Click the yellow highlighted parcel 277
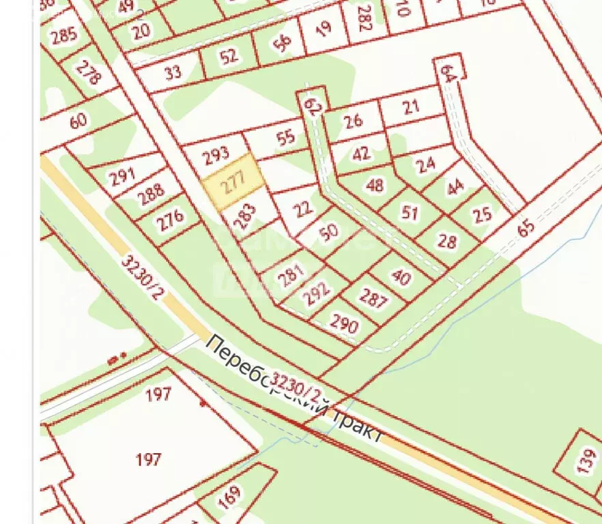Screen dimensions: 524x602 coord(234,184)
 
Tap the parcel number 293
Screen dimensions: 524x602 coord(216,155)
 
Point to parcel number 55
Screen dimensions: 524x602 coord(286,136)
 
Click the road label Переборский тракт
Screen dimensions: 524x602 coord(293,389)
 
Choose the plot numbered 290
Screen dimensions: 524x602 coord(344,324)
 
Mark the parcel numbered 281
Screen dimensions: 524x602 coord(291,276)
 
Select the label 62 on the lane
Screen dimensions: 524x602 coord(313,106)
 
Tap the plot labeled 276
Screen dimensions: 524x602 coord(169,220)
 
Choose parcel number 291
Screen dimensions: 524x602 coord(122,176)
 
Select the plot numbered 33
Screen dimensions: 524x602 coord(173,72)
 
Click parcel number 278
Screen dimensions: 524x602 coord(87,72)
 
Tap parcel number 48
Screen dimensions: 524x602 coord(375,185)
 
